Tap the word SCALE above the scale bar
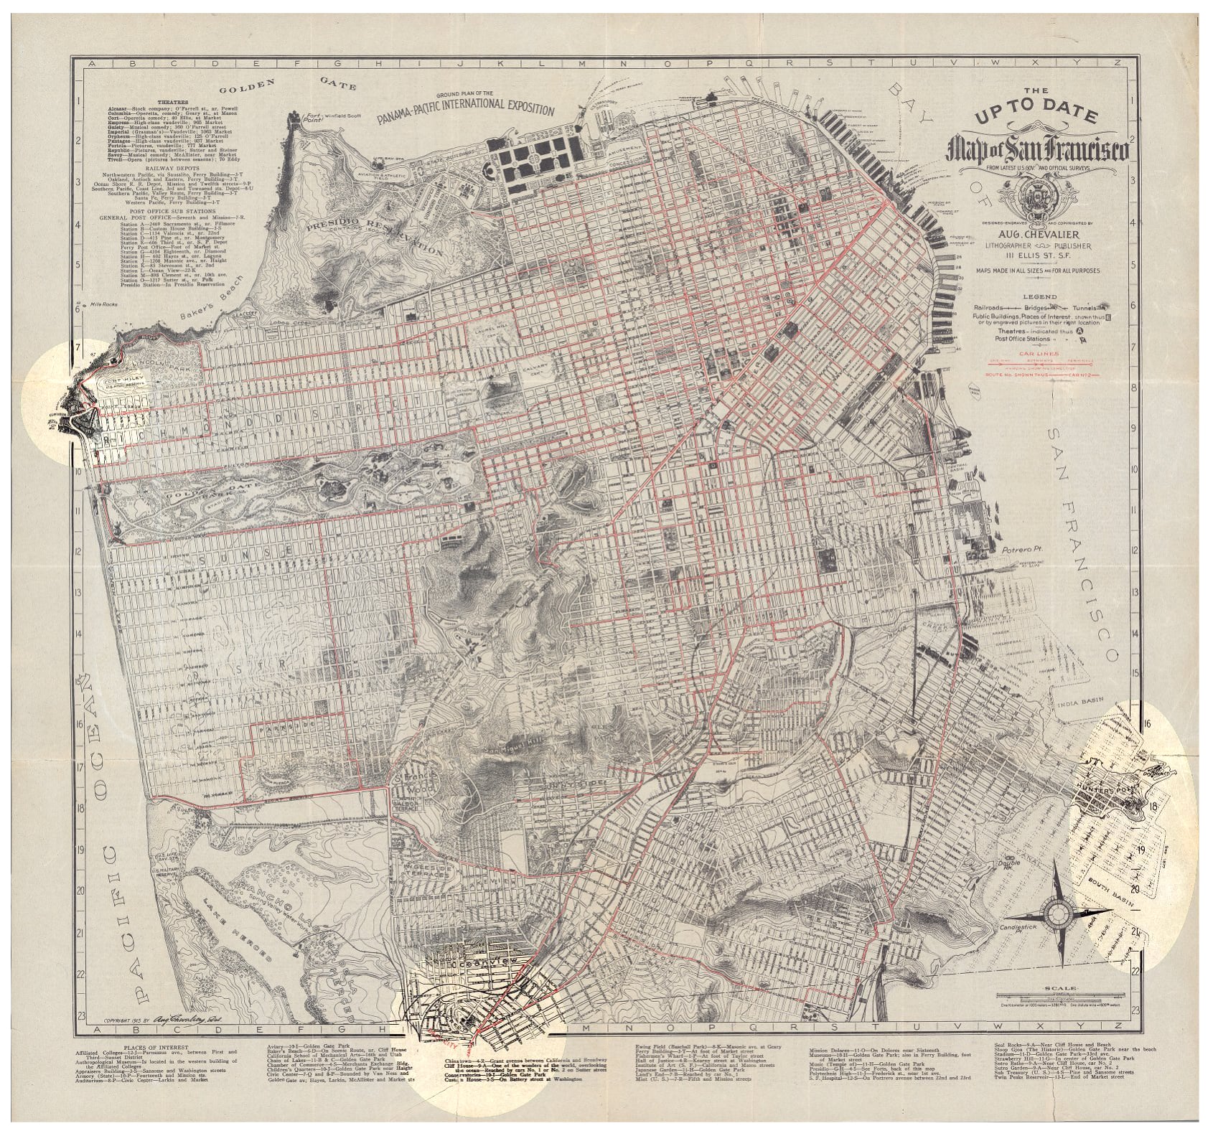click(1063, 989)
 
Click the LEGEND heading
click(1044, 296)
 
